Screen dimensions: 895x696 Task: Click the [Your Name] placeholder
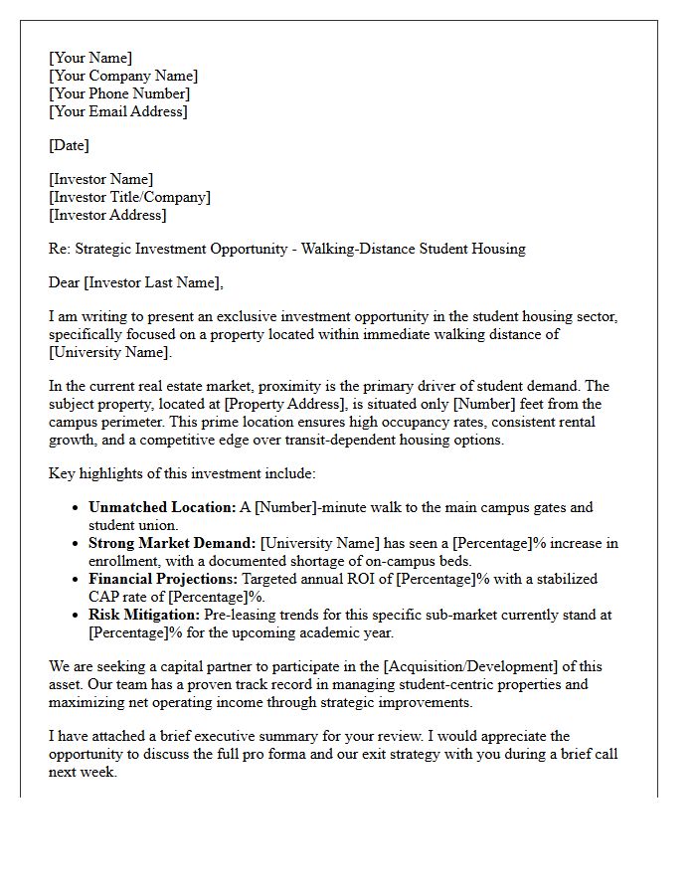tap(90, 58)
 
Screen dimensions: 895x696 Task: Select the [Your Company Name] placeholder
tap(123, 76)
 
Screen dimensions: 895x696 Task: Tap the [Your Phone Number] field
tap(119, 93)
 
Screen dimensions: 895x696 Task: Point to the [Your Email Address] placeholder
tap(117, 111)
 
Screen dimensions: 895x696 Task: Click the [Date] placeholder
tap(69, 145)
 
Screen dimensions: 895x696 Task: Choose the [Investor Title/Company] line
tap(129, 197)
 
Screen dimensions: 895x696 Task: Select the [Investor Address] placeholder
tap(107, 215)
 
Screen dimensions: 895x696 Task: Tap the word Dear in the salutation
tap(64, 282)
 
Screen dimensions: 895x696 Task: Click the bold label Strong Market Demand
tap(172, 543)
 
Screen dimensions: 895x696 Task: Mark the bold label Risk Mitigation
tap(144, 615)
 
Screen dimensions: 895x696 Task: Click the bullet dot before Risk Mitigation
tap(77, 616)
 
